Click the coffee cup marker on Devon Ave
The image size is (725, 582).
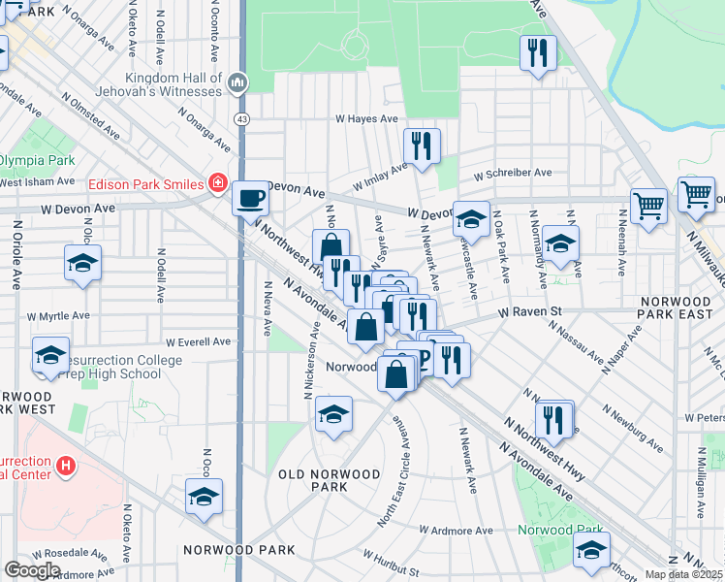251,199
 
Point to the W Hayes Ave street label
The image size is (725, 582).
366,119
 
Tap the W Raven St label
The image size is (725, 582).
530,312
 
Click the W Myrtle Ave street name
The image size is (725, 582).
58,316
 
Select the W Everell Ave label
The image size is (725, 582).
198,342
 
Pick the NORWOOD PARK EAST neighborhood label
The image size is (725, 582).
676,308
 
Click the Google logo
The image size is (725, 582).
32,570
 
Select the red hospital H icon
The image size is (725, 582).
65,467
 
